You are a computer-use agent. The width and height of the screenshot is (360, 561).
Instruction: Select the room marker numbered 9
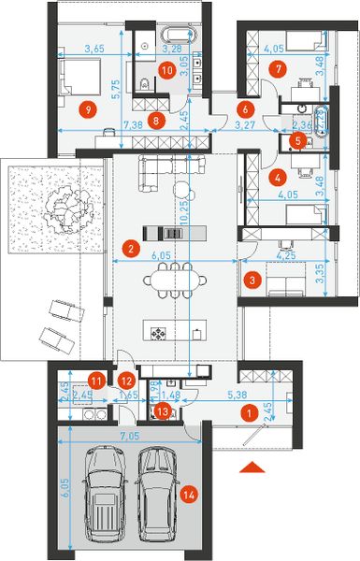pyautogui.click(x=89, y=109)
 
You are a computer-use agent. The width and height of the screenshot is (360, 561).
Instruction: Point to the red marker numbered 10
pyautogui.click(x=166, y=68)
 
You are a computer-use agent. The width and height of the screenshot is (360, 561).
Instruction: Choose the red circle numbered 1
pyautogui.click(x=249, y=410)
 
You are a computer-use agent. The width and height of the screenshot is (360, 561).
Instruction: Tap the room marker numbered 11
pyautogui.click(x=96, y=379)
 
